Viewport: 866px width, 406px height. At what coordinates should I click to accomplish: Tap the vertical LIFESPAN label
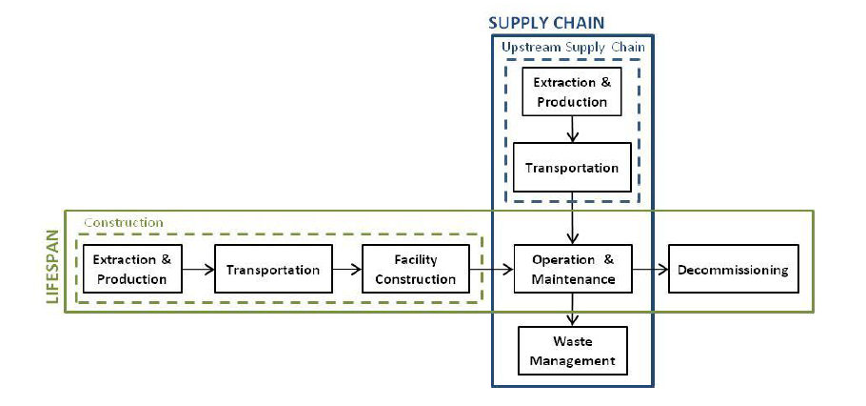tap(52, 268)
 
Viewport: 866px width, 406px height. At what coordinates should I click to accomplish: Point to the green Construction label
tap(124, 223)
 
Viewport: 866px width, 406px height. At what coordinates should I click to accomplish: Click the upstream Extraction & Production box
tap(571, 92)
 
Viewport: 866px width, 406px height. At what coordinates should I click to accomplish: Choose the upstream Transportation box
tap(572, 168)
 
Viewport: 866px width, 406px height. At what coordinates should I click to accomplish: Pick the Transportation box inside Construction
tap(273, 270)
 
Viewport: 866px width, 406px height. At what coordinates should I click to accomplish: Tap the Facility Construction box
tap(415, 270)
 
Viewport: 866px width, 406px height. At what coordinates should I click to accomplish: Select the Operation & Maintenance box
tap(572, 270)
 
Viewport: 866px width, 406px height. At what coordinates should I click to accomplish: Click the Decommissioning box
tap(733, 270)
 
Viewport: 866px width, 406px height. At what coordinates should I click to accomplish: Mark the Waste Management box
tap(572, 351)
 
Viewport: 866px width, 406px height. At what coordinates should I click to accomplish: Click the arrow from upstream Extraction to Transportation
tap(571, 129)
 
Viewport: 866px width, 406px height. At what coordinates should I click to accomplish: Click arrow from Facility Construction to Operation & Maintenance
tap(492, 270)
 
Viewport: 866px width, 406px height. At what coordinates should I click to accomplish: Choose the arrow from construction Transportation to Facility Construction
tap(347, 270)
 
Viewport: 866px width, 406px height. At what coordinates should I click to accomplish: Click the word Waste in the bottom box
tap(572, 341)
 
